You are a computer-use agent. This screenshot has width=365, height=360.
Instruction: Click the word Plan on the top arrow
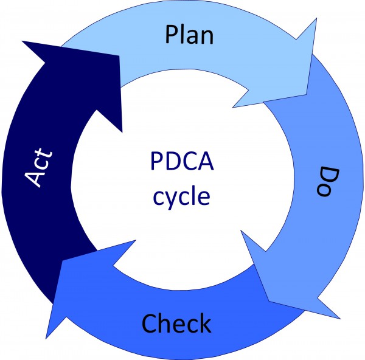pos(189,35)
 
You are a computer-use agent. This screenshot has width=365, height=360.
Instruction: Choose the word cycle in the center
pos(181,196)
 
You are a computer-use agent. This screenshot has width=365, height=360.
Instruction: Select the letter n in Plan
pos(207,36)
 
